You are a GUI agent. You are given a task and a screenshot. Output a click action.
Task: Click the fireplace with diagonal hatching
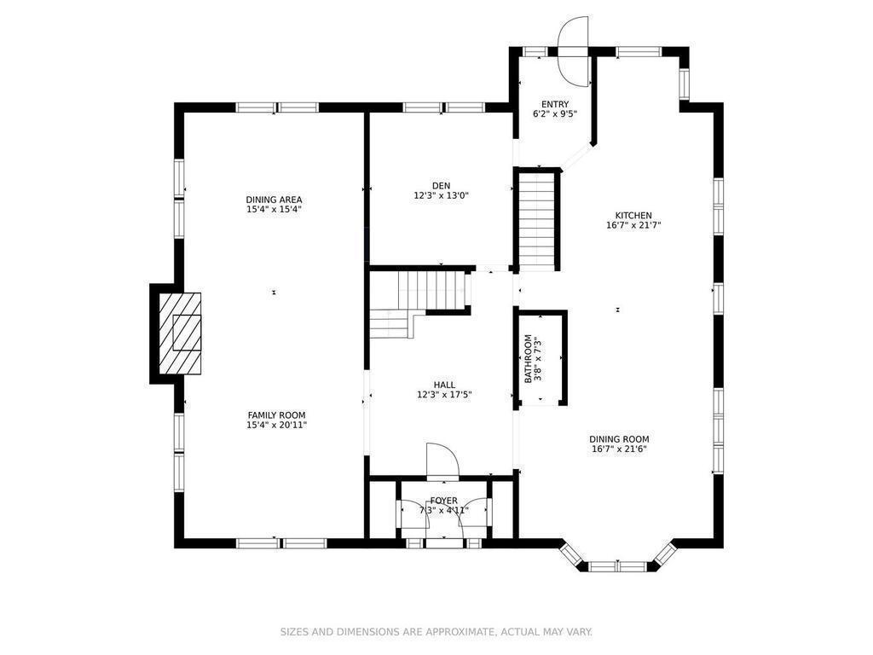(x=180, y=333)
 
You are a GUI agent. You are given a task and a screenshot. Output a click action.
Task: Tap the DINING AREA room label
(x=274, y=200)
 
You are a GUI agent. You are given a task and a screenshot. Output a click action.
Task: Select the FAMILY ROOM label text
(x=277, y=415)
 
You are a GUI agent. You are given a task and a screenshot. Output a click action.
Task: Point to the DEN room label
(x=441, y=185)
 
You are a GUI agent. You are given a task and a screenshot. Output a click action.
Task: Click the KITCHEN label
(x=633, y=216)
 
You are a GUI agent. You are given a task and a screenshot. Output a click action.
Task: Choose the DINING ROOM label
(x=619, y=439)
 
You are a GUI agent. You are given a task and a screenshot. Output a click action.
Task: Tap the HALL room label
(x=444, y=385)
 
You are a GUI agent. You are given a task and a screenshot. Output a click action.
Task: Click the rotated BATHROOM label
(x=528, y=359)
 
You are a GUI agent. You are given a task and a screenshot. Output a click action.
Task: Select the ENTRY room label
(x=555, y=104)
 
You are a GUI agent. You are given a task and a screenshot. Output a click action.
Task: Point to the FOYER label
(x=443, y=501)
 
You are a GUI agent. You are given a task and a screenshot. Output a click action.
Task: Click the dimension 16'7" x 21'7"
(x=633, y=225)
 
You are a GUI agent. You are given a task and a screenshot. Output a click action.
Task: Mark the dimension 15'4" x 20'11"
(x=277, y=425)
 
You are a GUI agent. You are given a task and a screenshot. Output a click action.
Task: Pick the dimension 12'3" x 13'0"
(x=441, y=195)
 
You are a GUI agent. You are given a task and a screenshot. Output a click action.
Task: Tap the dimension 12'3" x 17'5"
(x=444, y=395)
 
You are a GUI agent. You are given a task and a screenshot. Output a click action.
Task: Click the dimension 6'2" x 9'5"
(x=555, y=114)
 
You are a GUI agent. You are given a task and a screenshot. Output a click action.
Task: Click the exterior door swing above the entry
(x=574, y=50)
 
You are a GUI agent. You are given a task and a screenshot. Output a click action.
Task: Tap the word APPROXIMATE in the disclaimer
(x=460, y=632)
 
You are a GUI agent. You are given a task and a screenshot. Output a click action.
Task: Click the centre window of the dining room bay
(x=617, y=566)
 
